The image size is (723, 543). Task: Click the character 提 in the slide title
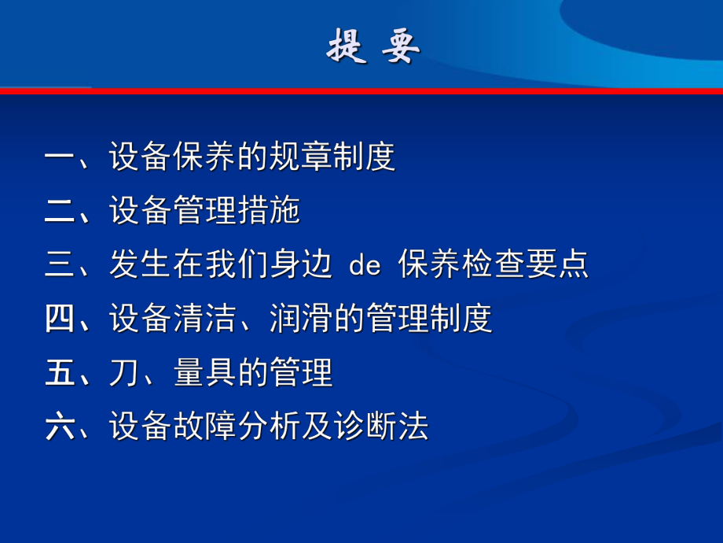(346, 48)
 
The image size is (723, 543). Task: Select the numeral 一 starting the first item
(59, 157)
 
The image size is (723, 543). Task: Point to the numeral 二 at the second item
(59, 212)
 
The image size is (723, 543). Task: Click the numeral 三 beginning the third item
(59, 265)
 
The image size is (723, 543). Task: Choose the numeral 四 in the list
(59, 319)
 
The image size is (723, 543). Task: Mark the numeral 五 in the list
(59, 373)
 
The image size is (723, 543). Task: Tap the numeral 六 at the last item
(59, 427)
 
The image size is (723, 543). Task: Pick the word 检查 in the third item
(494, 265)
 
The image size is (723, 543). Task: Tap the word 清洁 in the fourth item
(204, 319)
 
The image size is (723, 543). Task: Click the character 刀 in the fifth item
(123, 373)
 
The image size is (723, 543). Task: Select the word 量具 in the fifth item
(204, 373)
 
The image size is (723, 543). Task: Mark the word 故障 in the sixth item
(204, 427)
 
